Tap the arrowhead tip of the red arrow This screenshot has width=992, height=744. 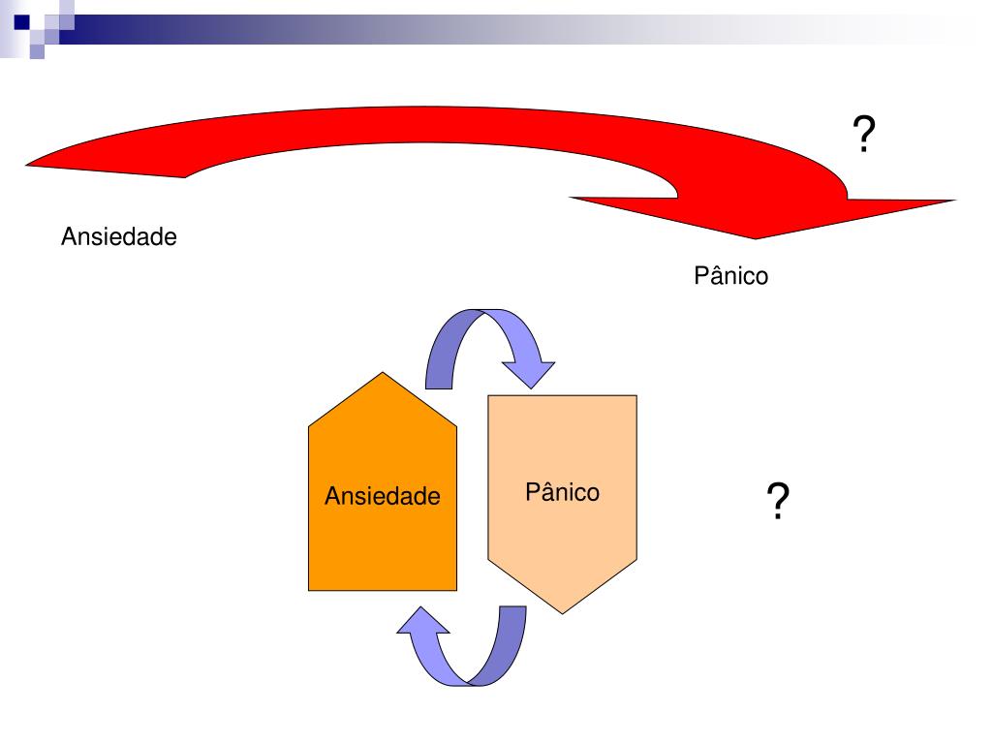tap(758, 236)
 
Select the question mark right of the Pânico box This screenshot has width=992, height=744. tap(777, 503)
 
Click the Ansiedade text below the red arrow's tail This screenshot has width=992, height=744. tap(119, 236)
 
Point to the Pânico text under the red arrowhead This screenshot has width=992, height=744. tap(730, 276)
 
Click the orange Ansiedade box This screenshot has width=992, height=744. tap(382, 542)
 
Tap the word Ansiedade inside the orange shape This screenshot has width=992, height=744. tap(382, 497)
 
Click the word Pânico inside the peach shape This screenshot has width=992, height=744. tap(562, 492)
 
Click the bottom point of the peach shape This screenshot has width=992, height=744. tap(563, 610)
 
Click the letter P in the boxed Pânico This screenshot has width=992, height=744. tap(532, 492)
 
